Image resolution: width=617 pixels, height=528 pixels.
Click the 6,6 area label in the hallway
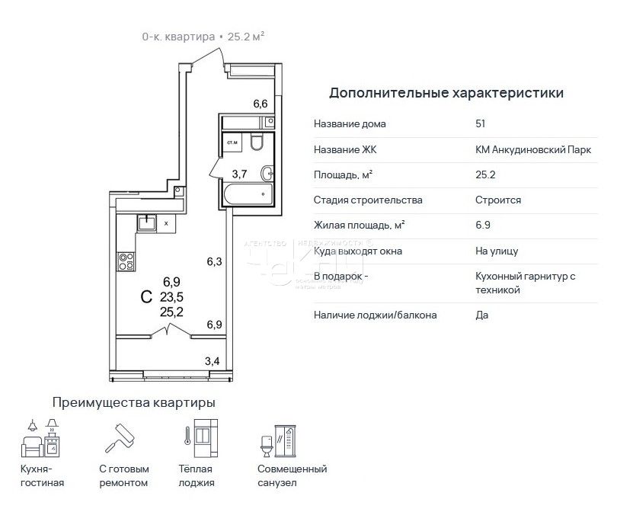[260, 104]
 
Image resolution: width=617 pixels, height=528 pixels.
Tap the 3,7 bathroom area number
[238, 174]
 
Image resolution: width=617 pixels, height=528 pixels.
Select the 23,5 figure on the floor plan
[171, 296]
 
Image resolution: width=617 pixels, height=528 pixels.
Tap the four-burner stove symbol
[126, 261]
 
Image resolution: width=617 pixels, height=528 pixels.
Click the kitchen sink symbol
[146, 222]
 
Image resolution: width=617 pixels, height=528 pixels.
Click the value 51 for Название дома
[480, 124]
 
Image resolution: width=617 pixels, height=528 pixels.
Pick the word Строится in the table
[497, 200]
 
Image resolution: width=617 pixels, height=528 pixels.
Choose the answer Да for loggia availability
[481, 314]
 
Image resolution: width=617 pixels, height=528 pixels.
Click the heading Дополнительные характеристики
[446, 94]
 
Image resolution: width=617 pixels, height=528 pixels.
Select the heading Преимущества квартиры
[133, 402]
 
